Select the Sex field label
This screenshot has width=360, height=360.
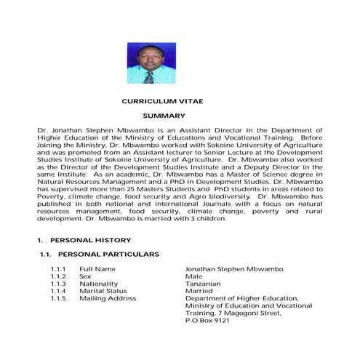pos(86,277)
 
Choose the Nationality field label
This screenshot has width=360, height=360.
pos(98,284)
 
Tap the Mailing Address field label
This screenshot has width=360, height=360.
pos(108,298)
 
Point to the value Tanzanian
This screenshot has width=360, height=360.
pos(203,284)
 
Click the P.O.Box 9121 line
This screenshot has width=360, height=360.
pos(207,320)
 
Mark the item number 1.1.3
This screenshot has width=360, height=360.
pos(58,284)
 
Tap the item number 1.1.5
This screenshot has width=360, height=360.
pos(58,298)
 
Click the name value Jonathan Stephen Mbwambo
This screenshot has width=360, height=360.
pos(232,270)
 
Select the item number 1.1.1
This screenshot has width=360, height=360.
pos(58,270)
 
